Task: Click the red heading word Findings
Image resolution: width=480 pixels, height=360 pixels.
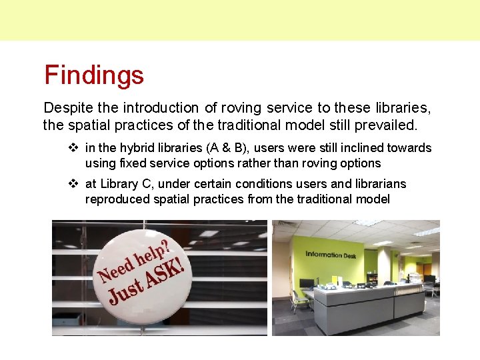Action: tap(94, 75)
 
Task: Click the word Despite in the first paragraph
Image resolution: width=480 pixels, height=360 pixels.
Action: tap(65, 108)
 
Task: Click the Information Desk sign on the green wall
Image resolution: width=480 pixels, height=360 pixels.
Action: tap(331, 255)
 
